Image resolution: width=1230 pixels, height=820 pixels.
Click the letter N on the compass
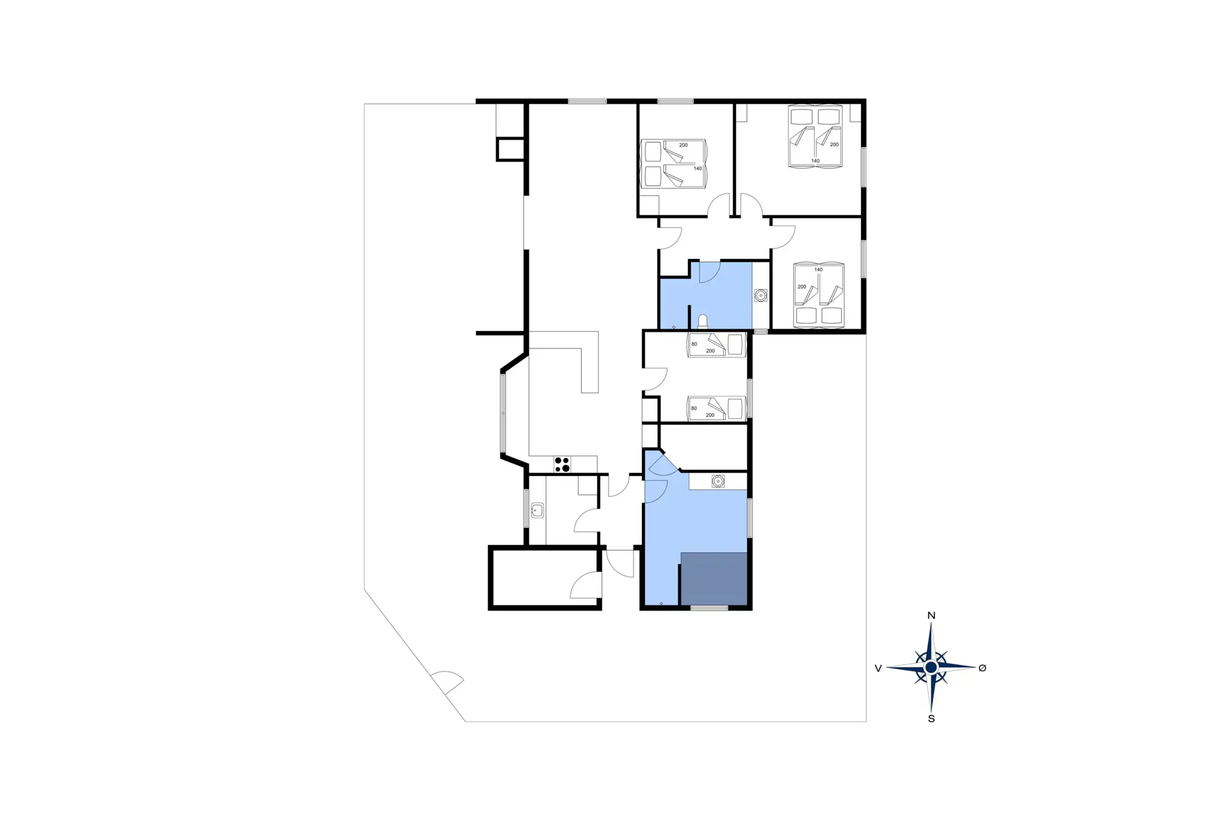pos(931,616)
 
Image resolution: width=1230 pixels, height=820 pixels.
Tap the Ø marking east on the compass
pos(982,668)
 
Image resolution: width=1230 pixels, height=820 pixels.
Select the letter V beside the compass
pos(878,668)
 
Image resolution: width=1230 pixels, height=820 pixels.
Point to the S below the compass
pos(931,719)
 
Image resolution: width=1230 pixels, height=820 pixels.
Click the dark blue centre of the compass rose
pos(931,668)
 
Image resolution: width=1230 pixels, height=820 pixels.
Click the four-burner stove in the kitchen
pos(562,464)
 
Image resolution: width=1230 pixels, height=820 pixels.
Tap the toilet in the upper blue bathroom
pos(703,322)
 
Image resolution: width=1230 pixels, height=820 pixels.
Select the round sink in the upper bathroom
pos(760,295)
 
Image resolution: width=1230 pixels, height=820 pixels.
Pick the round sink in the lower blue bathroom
pos(718,481)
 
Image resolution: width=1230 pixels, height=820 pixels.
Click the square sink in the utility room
pos(537,511)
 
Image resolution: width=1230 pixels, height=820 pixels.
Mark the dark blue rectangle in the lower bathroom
pos(714,578)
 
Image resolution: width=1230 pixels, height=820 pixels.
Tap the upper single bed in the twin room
pos(717,345)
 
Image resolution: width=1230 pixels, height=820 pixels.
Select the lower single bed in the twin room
pos(717,409)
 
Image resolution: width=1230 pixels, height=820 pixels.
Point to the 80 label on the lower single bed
pos(694,408)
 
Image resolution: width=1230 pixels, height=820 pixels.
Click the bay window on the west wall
pos(503,413)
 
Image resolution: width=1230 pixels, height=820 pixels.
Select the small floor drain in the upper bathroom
pos(674,327)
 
